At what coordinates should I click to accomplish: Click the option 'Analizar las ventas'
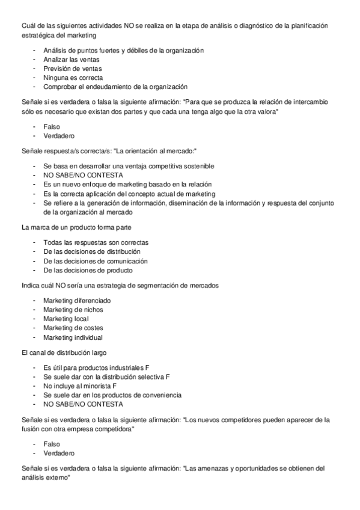point(72,60)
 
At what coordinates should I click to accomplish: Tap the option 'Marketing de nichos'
point(73,310)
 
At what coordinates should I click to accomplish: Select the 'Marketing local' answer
point(66,319)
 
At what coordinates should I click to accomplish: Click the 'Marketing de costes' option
point(73,328)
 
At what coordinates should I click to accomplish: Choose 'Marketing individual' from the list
point(73,337)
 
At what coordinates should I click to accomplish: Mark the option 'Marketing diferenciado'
point(77,301)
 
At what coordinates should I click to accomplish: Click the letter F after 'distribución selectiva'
point(168,376)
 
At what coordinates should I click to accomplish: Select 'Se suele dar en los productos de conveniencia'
point(112,395)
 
